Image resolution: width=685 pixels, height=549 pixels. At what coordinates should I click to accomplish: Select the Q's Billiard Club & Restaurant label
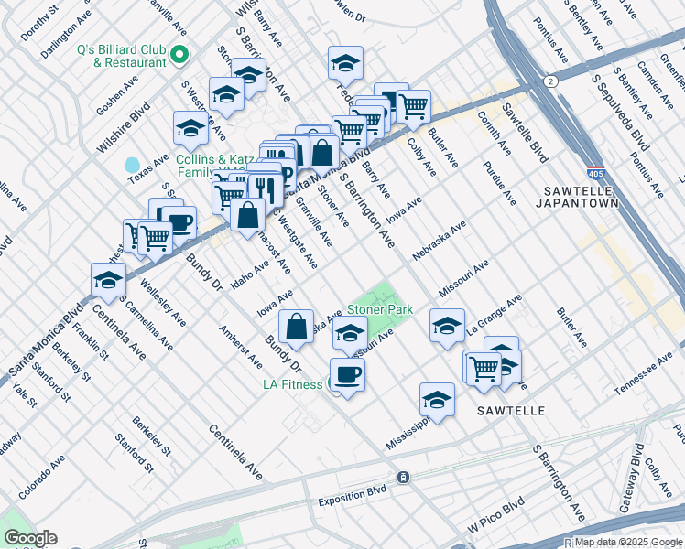[x=124, y=57]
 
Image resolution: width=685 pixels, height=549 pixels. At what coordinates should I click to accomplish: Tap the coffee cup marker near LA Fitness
[x=347, y=373]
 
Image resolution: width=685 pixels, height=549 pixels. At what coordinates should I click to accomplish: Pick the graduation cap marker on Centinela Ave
[x=107, y=279]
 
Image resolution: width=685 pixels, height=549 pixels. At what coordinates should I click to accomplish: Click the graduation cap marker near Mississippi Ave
[x=437, y=399]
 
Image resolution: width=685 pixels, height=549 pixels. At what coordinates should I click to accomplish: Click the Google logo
[x=30, y=538]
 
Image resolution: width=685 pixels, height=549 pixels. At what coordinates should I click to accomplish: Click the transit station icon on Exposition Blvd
[x=403, y=478]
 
